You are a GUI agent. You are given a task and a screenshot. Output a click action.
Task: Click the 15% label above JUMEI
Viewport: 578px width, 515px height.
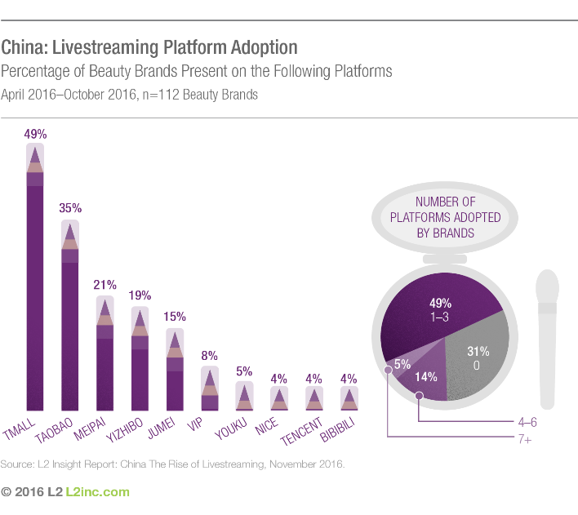[x=175, y=316]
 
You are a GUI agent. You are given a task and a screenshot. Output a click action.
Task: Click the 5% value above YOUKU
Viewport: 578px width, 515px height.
[x=244, y=371]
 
